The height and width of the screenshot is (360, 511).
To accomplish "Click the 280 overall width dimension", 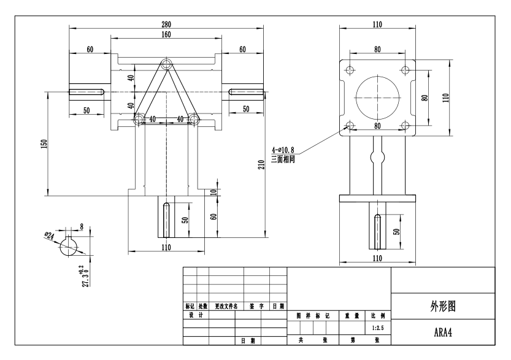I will [166, 24].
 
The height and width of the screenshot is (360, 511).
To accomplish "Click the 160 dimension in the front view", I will [166, 34].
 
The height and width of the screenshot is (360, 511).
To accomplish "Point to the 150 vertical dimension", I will [44, 143].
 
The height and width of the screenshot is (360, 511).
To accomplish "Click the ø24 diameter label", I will [50, 234].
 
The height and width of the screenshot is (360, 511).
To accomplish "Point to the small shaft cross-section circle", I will [69, 247].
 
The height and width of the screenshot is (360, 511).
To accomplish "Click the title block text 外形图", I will [442, 308].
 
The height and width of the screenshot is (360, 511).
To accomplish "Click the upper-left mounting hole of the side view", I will [350, 69].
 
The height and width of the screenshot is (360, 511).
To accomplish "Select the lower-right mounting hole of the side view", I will [404, 126].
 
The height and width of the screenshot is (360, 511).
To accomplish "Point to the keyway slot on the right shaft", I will [245, 92].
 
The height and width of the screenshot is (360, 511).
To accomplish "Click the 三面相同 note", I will [283, 158].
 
